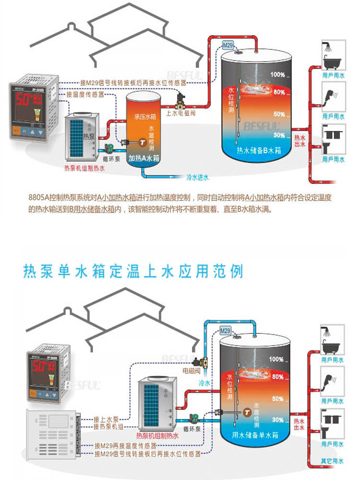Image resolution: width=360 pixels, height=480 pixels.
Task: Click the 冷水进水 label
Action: (x=197, y=178)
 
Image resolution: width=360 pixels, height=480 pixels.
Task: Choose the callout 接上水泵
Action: (x=105, y=419)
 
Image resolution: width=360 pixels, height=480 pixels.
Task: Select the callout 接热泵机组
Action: (x=108, y=426)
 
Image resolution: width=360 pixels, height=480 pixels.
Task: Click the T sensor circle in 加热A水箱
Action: (x=142, y=142)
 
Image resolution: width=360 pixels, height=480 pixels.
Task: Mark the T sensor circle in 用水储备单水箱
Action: (x=246, y=412)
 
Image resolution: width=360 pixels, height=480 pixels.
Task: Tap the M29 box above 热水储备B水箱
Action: (x=228, y=46)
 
